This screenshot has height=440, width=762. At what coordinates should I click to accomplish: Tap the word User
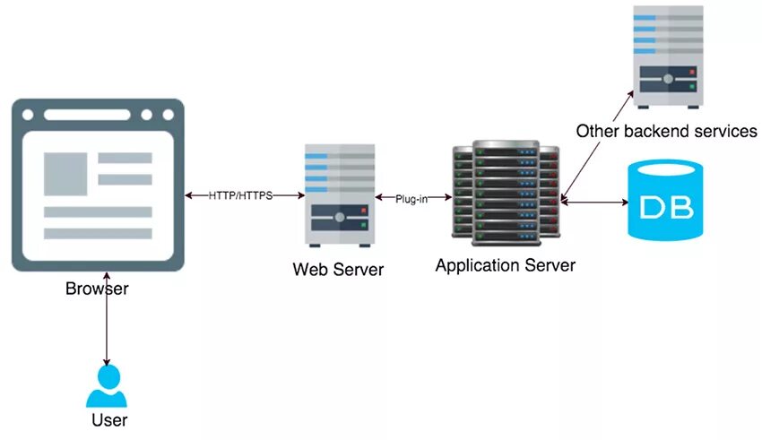pos(109,420)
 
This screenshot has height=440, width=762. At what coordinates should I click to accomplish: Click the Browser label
pos(97,289)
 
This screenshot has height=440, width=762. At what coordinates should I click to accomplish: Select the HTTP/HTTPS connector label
pos(240,195)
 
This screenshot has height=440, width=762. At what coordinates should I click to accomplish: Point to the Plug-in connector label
pos(411,198)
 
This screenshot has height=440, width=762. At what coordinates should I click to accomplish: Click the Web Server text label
pos(338,269)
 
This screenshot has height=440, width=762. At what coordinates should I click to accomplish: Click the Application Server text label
pos(505,265)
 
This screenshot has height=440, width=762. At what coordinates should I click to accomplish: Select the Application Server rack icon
pos(505,192)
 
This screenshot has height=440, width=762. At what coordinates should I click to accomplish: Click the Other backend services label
pos(666,131)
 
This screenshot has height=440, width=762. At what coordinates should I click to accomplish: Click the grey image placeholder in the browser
pos(65,172)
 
